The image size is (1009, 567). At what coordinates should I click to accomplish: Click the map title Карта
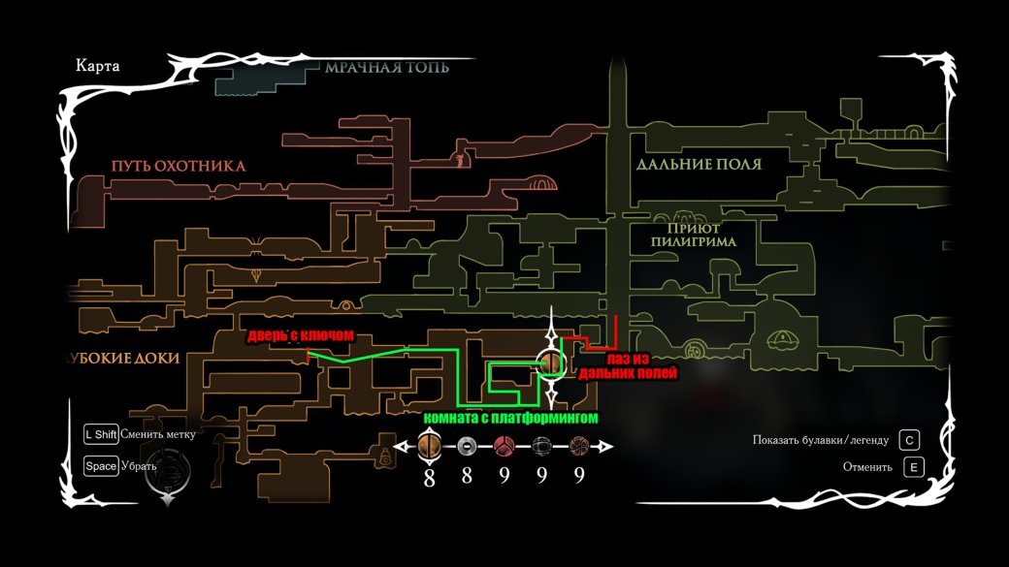[x=97, y=66]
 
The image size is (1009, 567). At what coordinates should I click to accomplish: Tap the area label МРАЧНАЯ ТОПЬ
[x=387, y=68]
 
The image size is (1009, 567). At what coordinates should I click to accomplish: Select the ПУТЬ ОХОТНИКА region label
[x=179, y=166]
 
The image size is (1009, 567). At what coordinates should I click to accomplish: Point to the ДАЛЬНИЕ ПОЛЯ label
[x=699, y=165]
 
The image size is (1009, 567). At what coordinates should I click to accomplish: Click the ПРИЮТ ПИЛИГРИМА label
[x=693, y=235]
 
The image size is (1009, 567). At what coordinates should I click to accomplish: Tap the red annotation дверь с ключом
[x=301, y=335]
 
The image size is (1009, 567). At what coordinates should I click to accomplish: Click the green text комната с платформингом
[x=510, y=418]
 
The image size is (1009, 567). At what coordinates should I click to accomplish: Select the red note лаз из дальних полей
[x=628, y=365]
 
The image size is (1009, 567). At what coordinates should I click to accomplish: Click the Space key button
[x=101, y=466]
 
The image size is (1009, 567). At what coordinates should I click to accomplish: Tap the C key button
[x=909, y=440]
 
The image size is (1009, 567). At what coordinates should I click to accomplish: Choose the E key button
[x=913, y=467]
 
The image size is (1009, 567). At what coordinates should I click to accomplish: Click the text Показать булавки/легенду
[x=821, y=440]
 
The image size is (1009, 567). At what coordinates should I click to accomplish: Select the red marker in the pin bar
[x=504, y=446]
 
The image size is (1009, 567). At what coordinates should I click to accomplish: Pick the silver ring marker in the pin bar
[x=467, y=446]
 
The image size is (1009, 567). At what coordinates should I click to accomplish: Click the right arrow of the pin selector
[x=604, y=446]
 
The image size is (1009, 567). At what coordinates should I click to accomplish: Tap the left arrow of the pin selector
[x=403, y=446]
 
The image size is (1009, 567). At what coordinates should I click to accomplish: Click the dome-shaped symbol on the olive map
[x=781, y=339]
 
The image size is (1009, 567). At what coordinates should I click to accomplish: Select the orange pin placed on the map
[x=551, y=363]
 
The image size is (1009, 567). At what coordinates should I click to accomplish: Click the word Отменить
[x=867, y=467]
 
